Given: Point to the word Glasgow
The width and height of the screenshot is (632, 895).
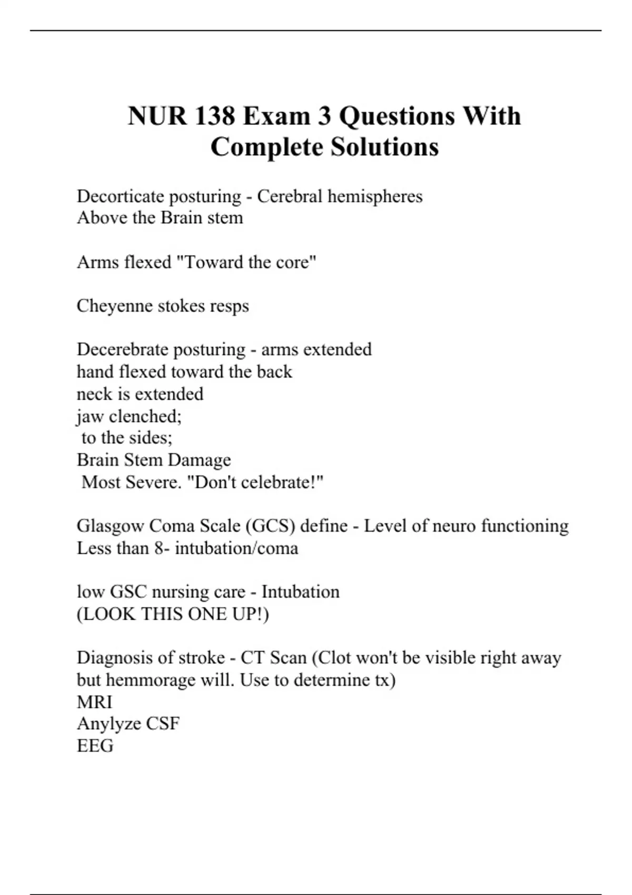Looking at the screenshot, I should pos(110,526).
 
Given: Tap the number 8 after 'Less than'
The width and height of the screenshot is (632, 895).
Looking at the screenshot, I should pos(159,548).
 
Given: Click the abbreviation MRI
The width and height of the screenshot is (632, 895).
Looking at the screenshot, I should pos(95,702).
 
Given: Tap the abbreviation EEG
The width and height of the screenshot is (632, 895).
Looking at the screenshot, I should pos(95,745).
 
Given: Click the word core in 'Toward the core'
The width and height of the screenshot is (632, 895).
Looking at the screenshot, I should pos(293,262).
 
